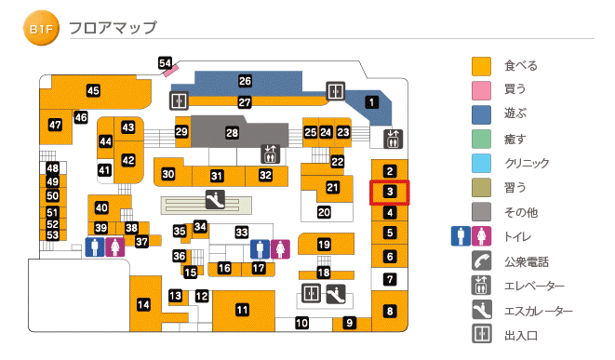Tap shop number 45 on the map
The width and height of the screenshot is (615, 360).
click(93, 91)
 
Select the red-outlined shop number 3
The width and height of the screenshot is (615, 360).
click(391, 193)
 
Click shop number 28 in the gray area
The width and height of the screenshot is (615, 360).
click(233, 133)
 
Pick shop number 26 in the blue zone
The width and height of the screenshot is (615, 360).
click(245, 82)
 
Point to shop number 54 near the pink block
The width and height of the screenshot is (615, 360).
click(166, 63)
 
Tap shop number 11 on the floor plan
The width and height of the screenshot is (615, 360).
click(242, 310)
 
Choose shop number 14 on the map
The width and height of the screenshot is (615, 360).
click(143, 304)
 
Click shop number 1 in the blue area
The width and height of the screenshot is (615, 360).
click(371, 102)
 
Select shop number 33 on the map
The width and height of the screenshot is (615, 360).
click(242, 232)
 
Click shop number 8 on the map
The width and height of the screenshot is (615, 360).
click(391, 312)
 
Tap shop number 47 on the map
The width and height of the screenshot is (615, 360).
click(55, 125)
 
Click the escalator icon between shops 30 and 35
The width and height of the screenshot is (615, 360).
click(213, 199)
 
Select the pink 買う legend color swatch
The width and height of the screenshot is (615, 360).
click(481, 90)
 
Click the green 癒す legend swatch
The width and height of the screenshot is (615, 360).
click(481, 139)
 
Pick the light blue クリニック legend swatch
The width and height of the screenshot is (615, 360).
click(481, 163)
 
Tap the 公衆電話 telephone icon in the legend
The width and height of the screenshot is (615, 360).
click(481, 261)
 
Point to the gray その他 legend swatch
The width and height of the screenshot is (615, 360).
click(481, 211)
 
